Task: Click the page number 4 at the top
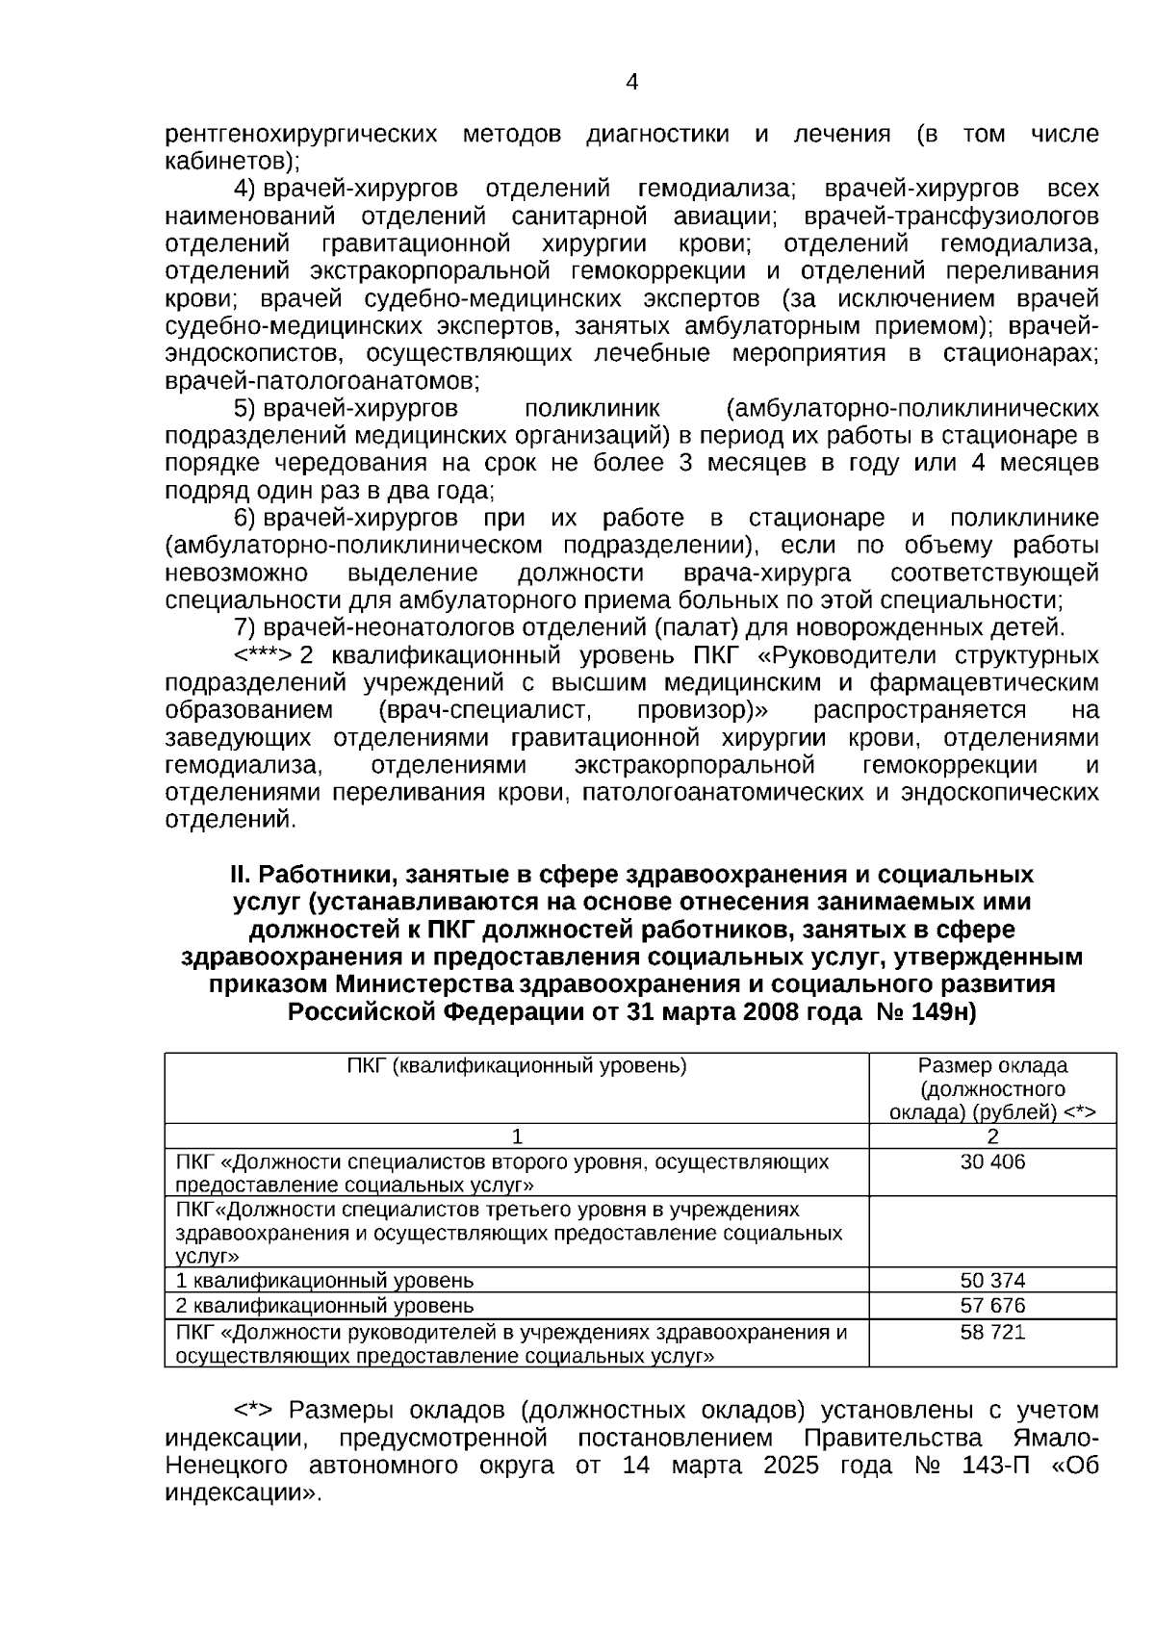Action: coord(631,83)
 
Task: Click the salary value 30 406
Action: coord(992,1162)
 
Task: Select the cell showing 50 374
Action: coord(992,1281)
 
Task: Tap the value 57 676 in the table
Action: coord(992,1306)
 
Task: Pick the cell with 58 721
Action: coord(992,1333)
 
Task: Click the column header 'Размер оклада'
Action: coord(992,1066)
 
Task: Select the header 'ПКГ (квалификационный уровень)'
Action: coord(517,1066)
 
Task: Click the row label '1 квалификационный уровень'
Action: coord(324,1281)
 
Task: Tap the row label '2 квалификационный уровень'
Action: coord(324,1306)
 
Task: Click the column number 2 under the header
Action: coord(992,1136)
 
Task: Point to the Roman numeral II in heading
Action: coord(239,876)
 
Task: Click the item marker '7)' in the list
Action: coord(244,628)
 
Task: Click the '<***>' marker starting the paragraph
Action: coord(263,656)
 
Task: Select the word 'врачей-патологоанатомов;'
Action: coord(322,381)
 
